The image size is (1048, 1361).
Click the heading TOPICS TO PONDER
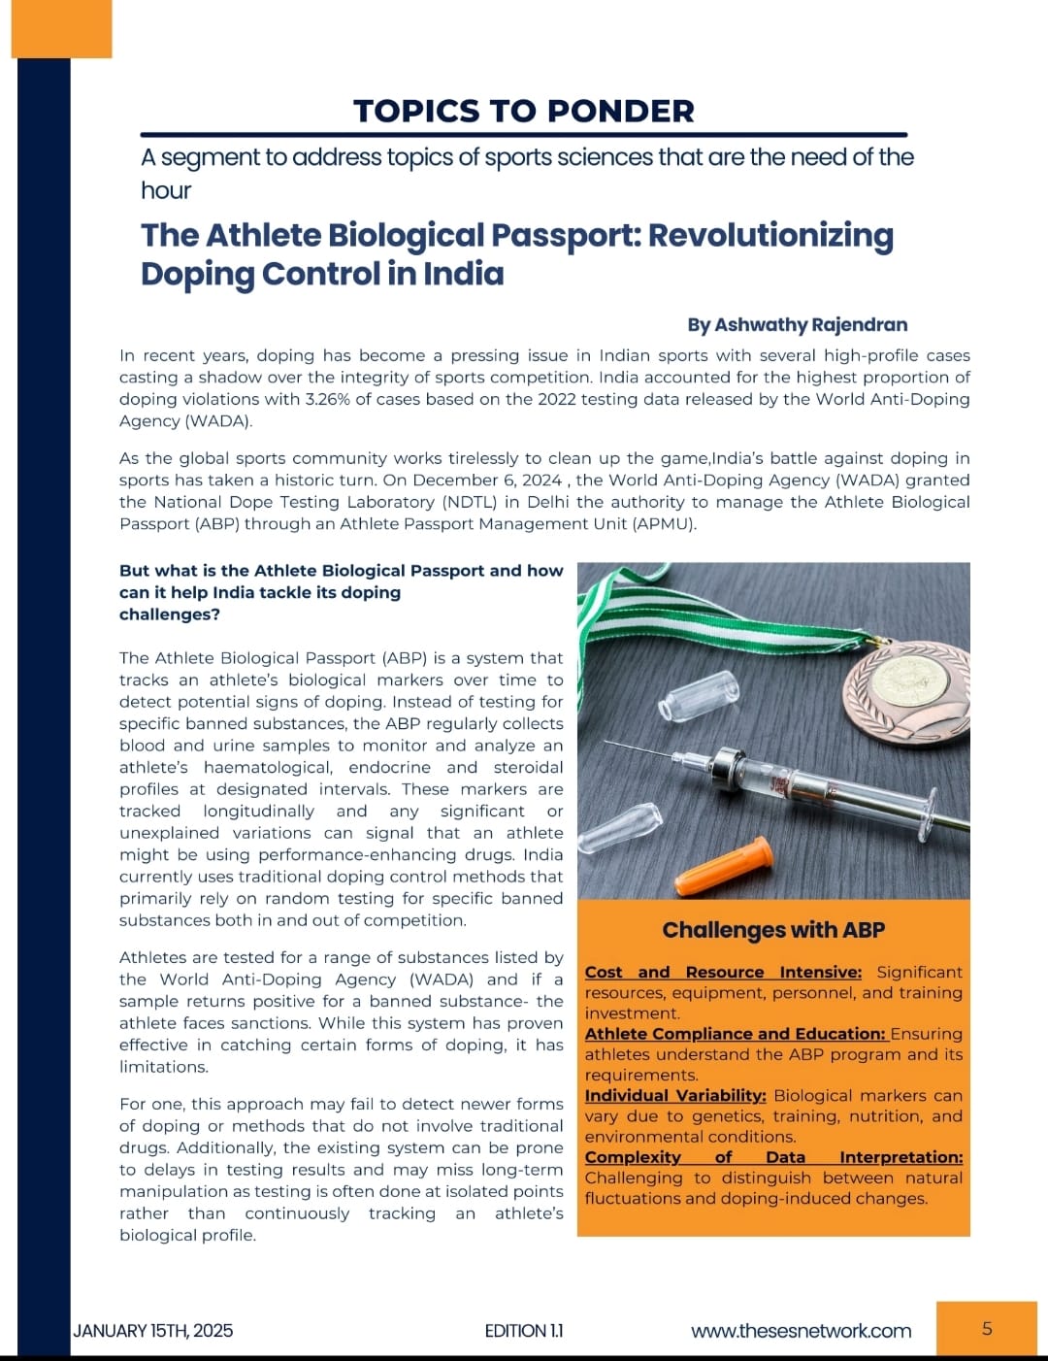pos(524,111)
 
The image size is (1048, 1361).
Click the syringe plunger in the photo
pos(902,811)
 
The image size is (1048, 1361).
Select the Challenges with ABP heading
pos(773,930)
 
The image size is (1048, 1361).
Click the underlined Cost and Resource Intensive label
pos(723,972)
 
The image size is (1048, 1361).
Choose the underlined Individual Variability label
pos(675,1095)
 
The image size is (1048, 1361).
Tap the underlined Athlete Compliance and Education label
pos(735,1034)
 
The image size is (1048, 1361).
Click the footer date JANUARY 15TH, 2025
pos(152,1330)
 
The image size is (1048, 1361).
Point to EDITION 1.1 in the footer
pos(524,1330)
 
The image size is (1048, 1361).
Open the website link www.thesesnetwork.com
pos(801,1330)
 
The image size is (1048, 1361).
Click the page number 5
pos(987,1328)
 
